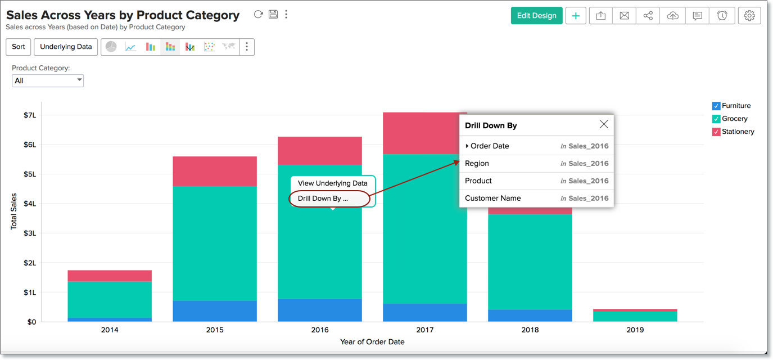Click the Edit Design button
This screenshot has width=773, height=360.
click(536, 16)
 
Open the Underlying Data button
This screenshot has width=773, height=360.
click(66, 47)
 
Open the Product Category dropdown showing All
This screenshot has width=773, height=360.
click(48, 80)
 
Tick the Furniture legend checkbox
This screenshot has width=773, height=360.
click(716, 106)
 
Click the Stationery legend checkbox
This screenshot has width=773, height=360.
click(716, 132)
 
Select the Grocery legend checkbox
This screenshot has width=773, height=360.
click(716, 119)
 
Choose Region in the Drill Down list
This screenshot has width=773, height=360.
click(477, 164)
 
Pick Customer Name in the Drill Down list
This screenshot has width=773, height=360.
click(492, 198)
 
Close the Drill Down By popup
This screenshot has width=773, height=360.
click(604, 124)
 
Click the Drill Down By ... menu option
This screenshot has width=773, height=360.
click(323, 199)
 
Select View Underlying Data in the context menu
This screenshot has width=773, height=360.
click(332, 183)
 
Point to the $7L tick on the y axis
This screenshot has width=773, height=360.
click(29, 115)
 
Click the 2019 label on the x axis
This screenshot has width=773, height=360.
click(635, 330)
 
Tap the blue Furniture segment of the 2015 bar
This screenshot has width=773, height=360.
click(215, 311)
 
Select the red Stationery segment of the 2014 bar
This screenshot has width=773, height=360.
click(110, 276)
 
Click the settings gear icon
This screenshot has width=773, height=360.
click(749, 16)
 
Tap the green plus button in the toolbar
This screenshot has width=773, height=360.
click(576, 16)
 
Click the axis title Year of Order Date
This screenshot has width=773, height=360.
click(372, 341)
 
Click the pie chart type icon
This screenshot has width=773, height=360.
click(111, 47)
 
